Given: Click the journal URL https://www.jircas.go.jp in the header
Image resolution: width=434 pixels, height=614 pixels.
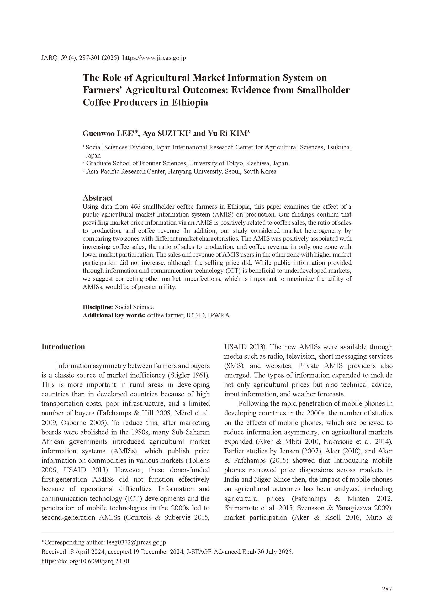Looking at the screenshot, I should tap(154, 58).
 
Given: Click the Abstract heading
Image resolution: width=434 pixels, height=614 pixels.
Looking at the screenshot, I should tap(97, 198).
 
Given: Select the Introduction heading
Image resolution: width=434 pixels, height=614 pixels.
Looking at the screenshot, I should tap(63, 347).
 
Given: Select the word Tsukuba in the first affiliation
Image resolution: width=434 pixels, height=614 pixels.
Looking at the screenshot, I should tap(338, 147).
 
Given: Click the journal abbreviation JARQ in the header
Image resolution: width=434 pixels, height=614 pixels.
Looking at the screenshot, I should tap(49, 58).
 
